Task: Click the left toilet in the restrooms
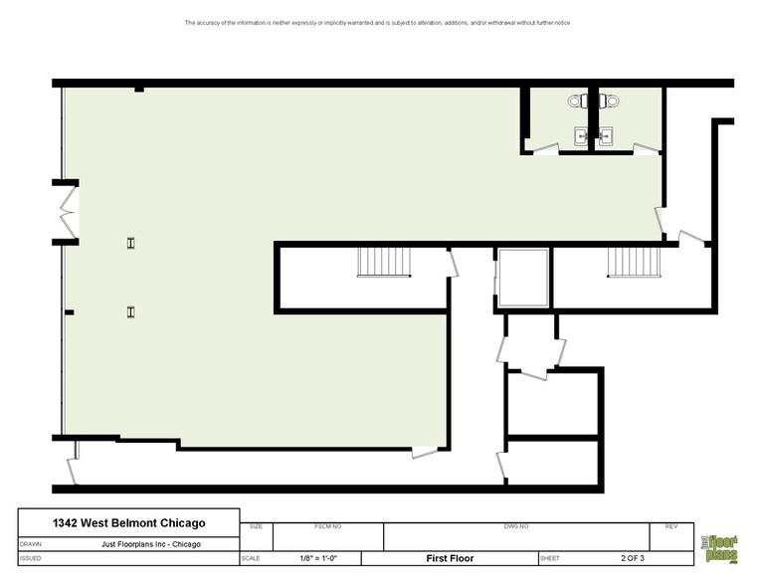(577, 100)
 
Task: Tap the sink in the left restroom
(580, 136)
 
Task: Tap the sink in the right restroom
(605, 136)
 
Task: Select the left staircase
(377, 264)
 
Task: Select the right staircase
(634, 264)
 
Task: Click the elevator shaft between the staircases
(523, 280)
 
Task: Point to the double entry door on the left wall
(69, 211)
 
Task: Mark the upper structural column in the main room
(130, 243)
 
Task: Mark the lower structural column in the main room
(130, 311)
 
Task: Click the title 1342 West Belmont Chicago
(128, 523)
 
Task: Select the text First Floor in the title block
(448, 558)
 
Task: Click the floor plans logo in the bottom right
(722, 544)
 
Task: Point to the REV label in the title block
(670, 526)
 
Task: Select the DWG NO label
(517, 526)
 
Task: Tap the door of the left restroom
(543, 149)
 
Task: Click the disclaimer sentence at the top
(377, 23)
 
